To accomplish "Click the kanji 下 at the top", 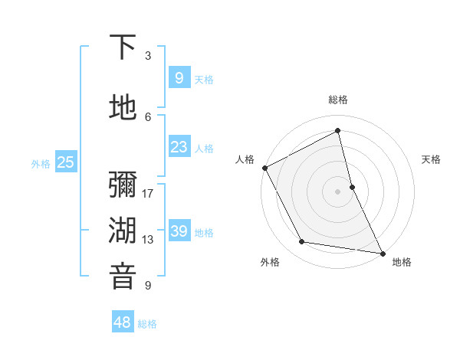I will [x=123, y=47].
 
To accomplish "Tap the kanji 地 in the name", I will [x=123, y=109].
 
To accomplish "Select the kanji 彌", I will [x=123, y=186].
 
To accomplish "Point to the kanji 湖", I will [x=123, y=231].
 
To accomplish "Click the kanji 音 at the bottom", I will [x=123, y=277].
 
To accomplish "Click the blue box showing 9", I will [x=179, y=77].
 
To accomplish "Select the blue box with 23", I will [x=179, y=147].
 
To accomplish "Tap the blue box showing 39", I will [x=179, y=231].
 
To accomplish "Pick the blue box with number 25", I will [x=65, y=162].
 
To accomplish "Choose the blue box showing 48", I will [x=123, y=322].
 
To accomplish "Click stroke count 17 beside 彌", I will [x=148, y=194].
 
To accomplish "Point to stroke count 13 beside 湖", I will [x=148, y=239].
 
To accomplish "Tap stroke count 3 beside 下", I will [x=148, y=55].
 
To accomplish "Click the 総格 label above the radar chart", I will [x=338, y=100].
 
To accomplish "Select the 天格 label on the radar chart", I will [x=431, y=159].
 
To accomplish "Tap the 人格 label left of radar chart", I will [x=245, y=159].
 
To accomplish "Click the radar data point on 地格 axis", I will [x=381, y=252].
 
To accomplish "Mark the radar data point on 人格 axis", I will [x=265, y=168].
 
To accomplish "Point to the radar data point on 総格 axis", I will [x=338, y=131].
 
